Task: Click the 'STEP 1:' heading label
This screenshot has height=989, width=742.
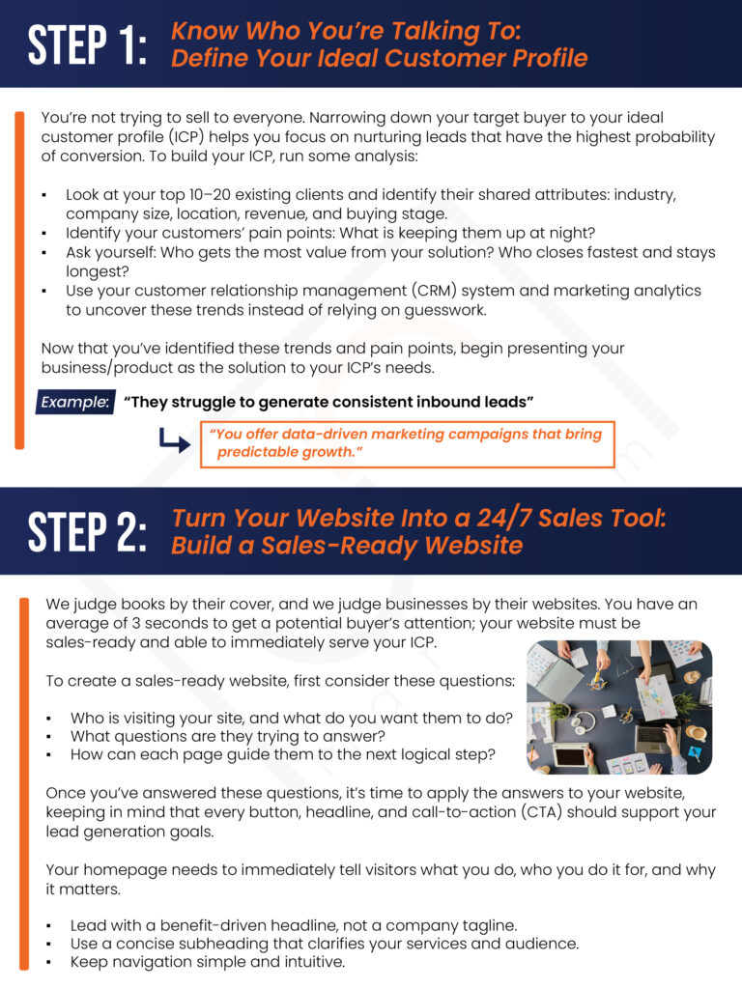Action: [x=87, y=44]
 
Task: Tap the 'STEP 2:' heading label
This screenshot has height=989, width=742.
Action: [x=87, y=532]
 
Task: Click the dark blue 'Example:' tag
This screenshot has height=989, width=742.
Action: [x=75, y=402]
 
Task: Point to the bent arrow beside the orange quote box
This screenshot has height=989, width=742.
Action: [x=174, y=440]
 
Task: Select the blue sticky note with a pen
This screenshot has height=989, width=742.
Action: [x=695, y=751]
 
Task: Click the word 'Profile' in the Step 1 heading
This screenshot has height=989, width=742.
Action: [x=550, y=58]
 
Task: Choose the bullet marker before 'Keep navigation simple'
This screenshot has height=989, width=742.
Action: [x=48, y=963]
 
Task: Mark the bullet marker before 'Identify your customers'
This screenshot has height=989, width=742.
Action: [x=43, y=234]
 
